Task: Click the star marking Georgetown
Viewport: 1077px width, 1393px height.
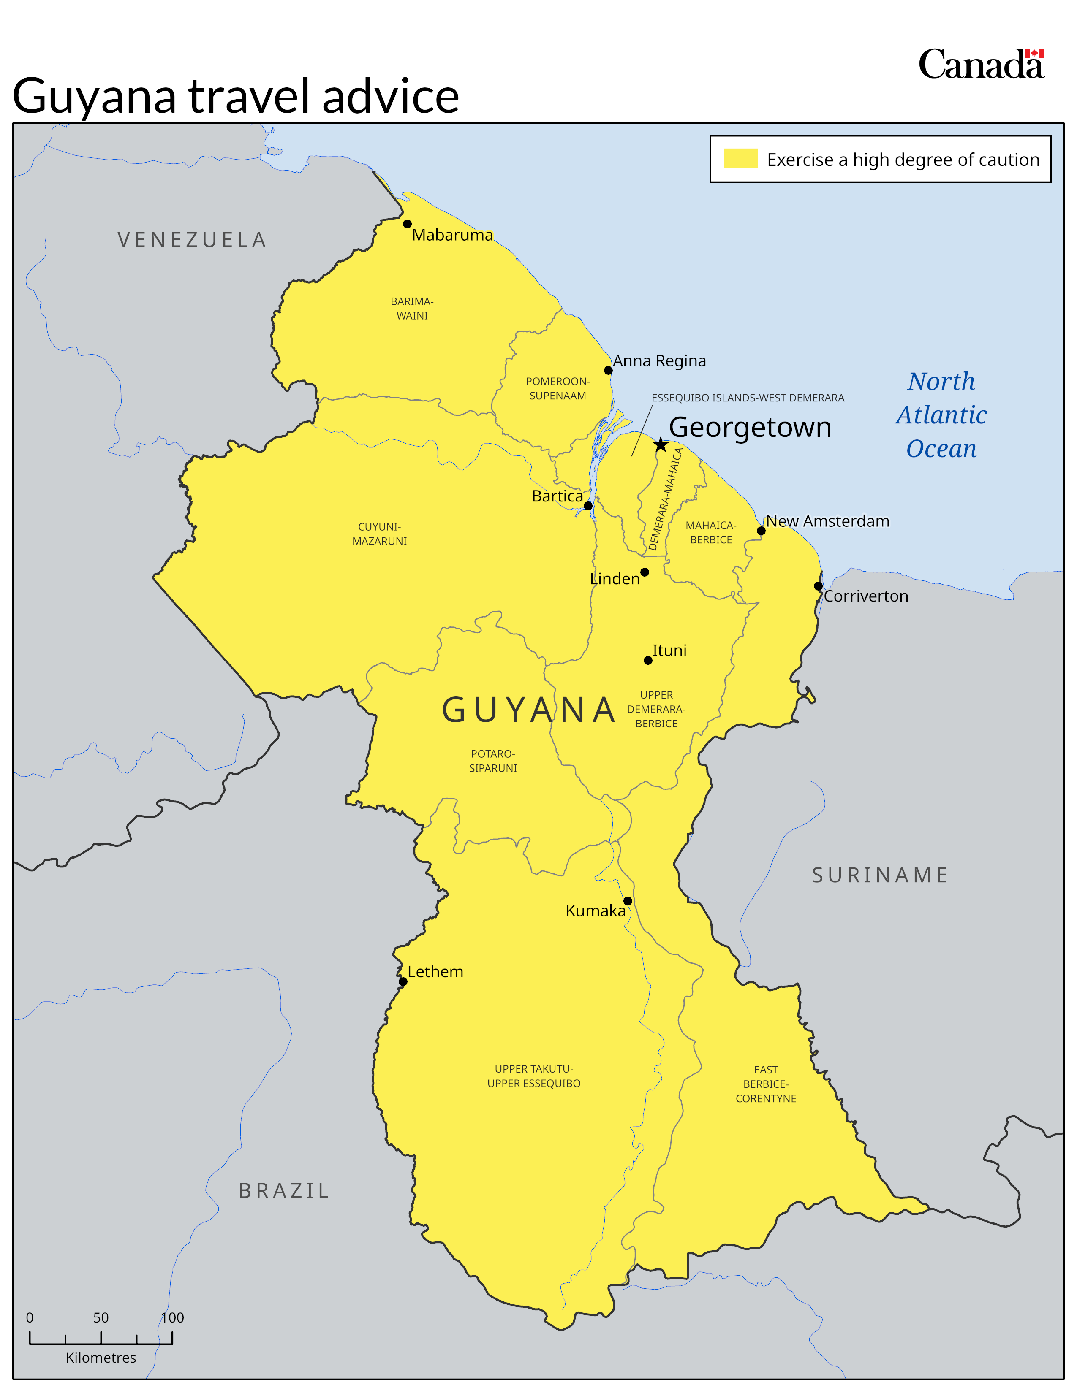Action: (661, 444)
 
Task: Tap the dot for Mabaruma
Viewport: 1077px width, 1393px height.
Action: (407, 224)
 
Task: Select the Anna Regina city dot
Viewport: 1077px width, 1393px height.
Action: (608, 371)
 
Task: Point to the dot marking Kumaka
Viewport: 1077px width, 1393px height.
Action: (628, 901)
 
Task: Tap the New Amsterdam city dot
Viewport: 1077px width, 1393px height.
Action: (761, 531)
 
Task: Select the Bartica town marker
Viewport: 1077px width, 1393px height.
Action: (587, 506)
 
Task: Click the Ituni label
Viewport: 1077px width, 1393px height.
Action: (669, 650)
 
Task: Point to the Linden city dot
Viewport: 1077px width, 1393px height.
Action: (645, 572)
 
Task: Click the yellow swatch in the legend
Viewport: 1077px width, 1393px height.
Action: (740, 158)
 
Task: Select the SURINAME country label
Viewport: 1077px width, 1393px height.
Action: (880, 875)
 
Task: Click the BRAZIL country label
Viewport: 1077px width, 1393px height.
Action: (284, 1190)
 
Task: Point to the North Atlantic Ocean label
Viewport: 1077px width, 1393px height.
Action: (941, 415)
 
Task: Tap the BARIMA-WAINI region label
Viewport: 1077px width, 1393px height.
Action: (412, 308)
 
